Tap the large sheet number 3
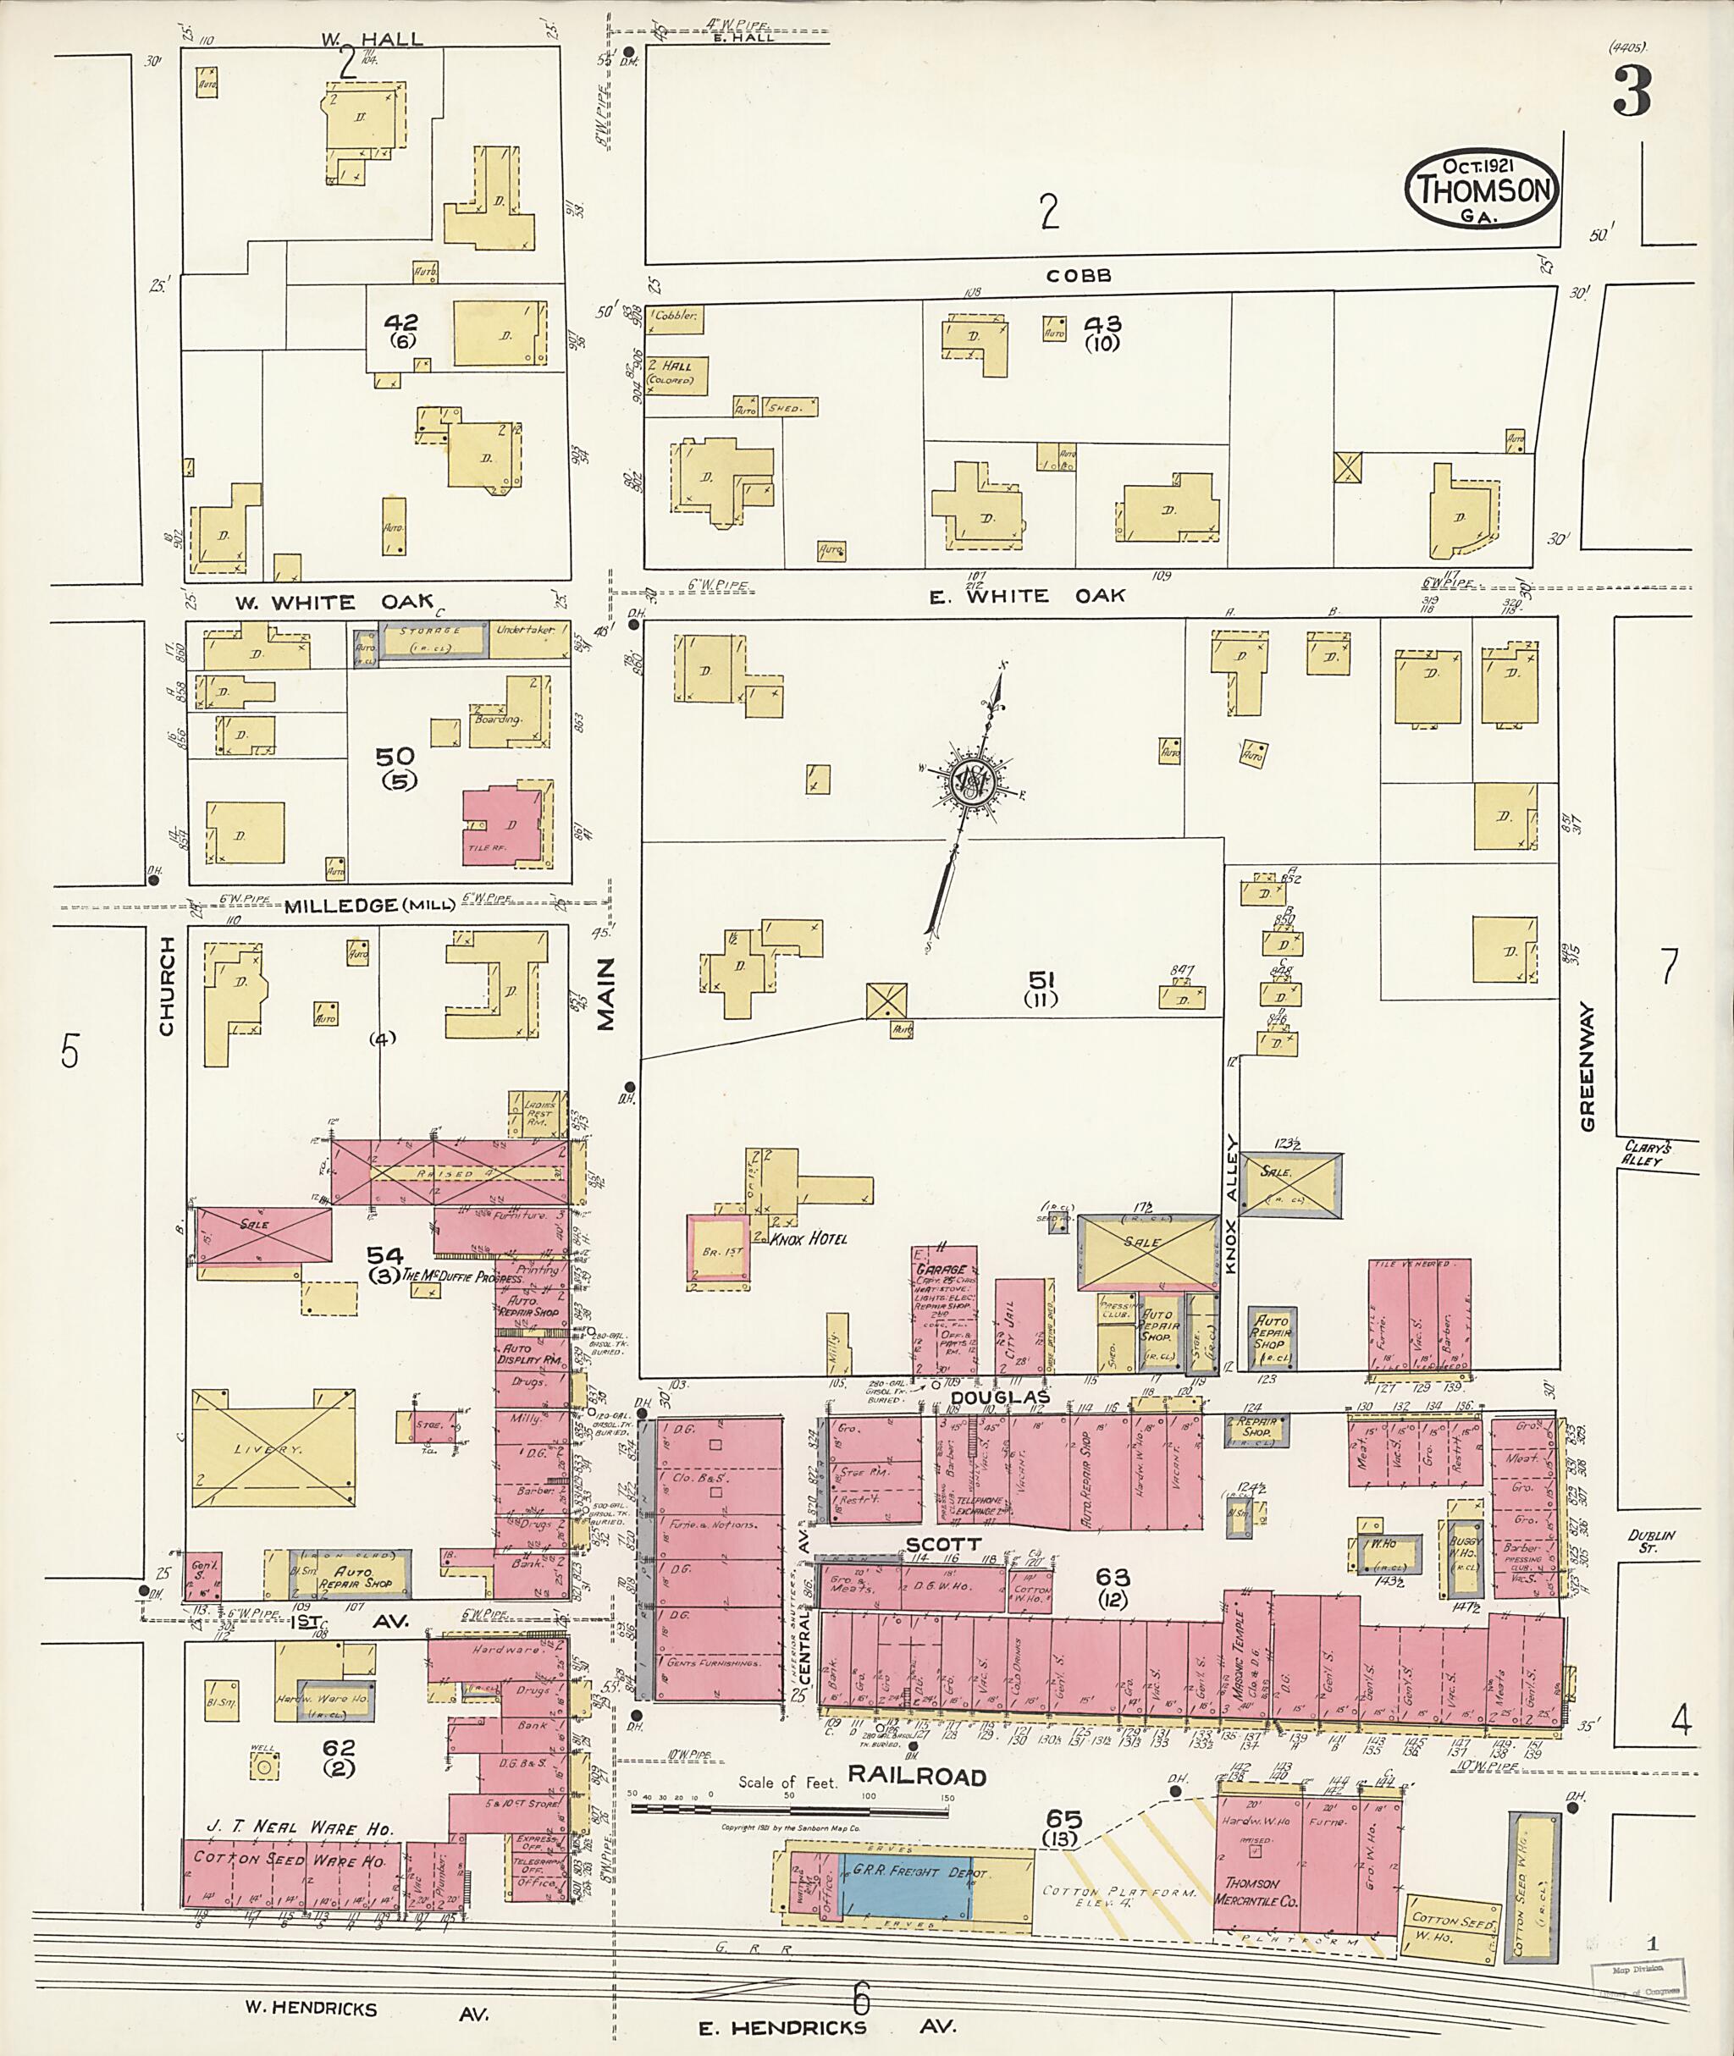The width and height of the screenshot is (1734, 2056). (x=1631, y=94)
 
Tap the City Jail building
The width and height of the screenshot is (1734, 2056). (x=1019, y=1326)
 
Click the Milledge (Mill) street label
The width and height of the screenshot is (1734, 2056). (x=368, y=905)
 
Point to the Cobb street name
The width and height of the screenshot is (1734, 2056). (x=1079, y=276)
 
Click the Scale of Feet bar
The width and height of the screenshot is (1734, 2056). (x=792, y=1806)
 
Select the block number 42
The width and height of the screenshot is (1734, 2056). (x=401, y=322)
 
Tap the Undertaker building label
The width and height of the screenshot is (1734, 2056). (x=525, y=629)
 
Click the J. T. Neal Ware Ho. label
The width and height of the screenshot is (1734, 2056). (x=300, y=1828)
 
